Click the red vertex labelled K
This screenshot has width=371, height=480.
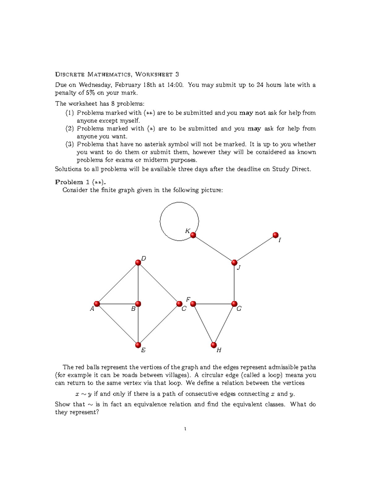point(193,235)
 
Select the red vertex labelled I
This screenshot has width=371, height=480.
point(275,235)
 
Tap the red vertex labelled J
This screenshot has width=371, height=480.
point(234,263)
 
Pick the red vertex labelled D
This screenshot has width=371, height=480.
point(138,263)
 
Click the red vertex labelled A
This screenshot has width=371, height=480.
point(97,304)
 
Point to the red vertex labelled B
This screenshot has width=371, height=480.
point(138,304)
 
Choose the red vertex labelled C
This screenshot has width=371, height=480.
point(179,304)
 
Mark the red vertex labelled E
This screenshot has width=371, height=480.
point(138,345)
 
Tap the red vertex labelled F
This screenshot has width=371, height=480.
point(193,304)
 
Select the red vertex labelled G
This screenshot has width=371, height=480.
point(234,304)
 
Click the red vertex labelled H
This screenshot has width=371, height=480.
point(214,345)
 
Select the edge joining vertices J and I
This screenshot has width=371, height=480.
point(255,249)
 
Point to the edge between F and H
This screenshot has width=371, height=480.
point(203,325)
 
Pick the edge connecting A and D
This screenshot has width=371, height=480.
point(117,283)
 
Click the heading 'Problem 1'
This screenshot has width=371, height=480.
point(73,182)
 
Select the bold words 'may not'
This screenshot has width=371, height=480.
point(252,113)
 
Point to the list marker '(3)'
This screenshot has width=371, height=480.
point(70,144)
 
